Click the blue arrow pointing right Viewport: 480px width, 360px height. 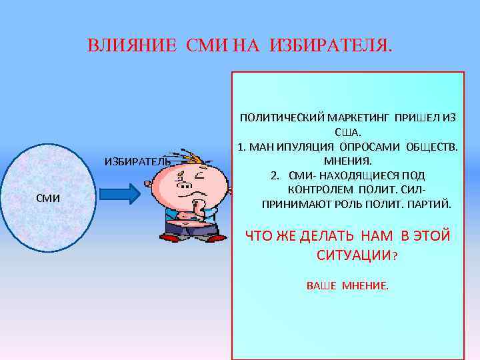[119, 193]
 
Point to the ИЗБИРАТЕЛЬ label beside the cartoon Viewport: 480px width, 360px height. [137, 161]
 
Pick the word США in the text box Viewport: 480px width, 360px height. [347, 132]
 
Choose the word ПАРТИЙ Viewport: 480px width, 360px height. [431, 204]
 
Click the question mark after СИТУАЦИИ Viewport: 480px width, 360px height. [396, 255]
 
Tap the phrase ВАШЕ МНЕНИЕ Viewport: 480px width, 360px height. [347, 285]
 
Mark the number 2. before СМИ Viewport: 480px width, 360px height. [274, 175]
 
